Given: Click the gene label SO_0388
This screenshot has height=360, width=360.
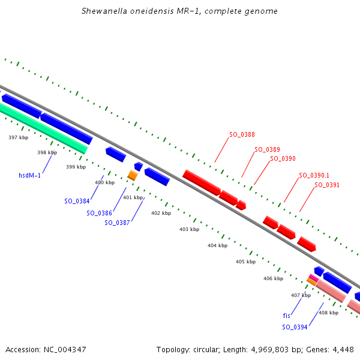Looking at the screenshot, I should coord(242,134).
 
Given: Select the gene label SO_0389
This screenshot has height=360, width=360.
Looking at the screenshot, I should coord(267,149).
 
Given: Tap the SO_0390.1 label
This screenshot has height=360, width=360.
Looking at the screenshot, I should coord(314,175).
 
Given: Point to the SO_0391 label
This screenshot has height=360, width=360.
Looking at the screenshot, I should coord(327,185).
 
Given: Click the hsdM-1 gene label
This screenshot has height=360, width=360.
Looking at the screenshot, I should coord(29,175).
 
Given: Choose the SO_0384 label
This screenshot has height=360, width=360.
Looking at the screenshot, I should coord(77,201).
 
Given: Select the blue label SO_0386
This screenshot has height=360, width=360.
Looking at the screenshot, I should coord(99,213).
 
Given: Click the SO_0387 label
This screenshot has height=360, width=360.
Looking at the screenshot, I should coord(117,223).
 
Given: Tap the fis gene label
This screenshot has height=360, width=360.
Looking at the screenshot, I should coord(287,315).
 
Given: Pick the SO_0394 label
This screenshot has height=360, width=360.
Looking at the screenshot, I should coord(295,327).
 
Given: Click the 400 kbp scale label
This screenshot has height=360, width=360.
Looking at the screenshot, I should coord(104,182).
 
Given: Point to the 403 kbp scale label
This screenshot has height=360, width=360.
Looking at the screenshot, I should coord(189,229).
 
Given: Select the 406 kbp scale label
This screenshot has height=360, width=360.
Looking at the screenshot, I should coord(273,278).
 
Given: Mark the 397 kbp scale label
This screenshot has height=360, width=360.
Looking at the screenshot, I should coord(18,137).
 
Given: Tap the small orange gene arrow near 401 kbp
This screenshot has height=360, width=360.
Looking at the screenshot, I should coord(132,175).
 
